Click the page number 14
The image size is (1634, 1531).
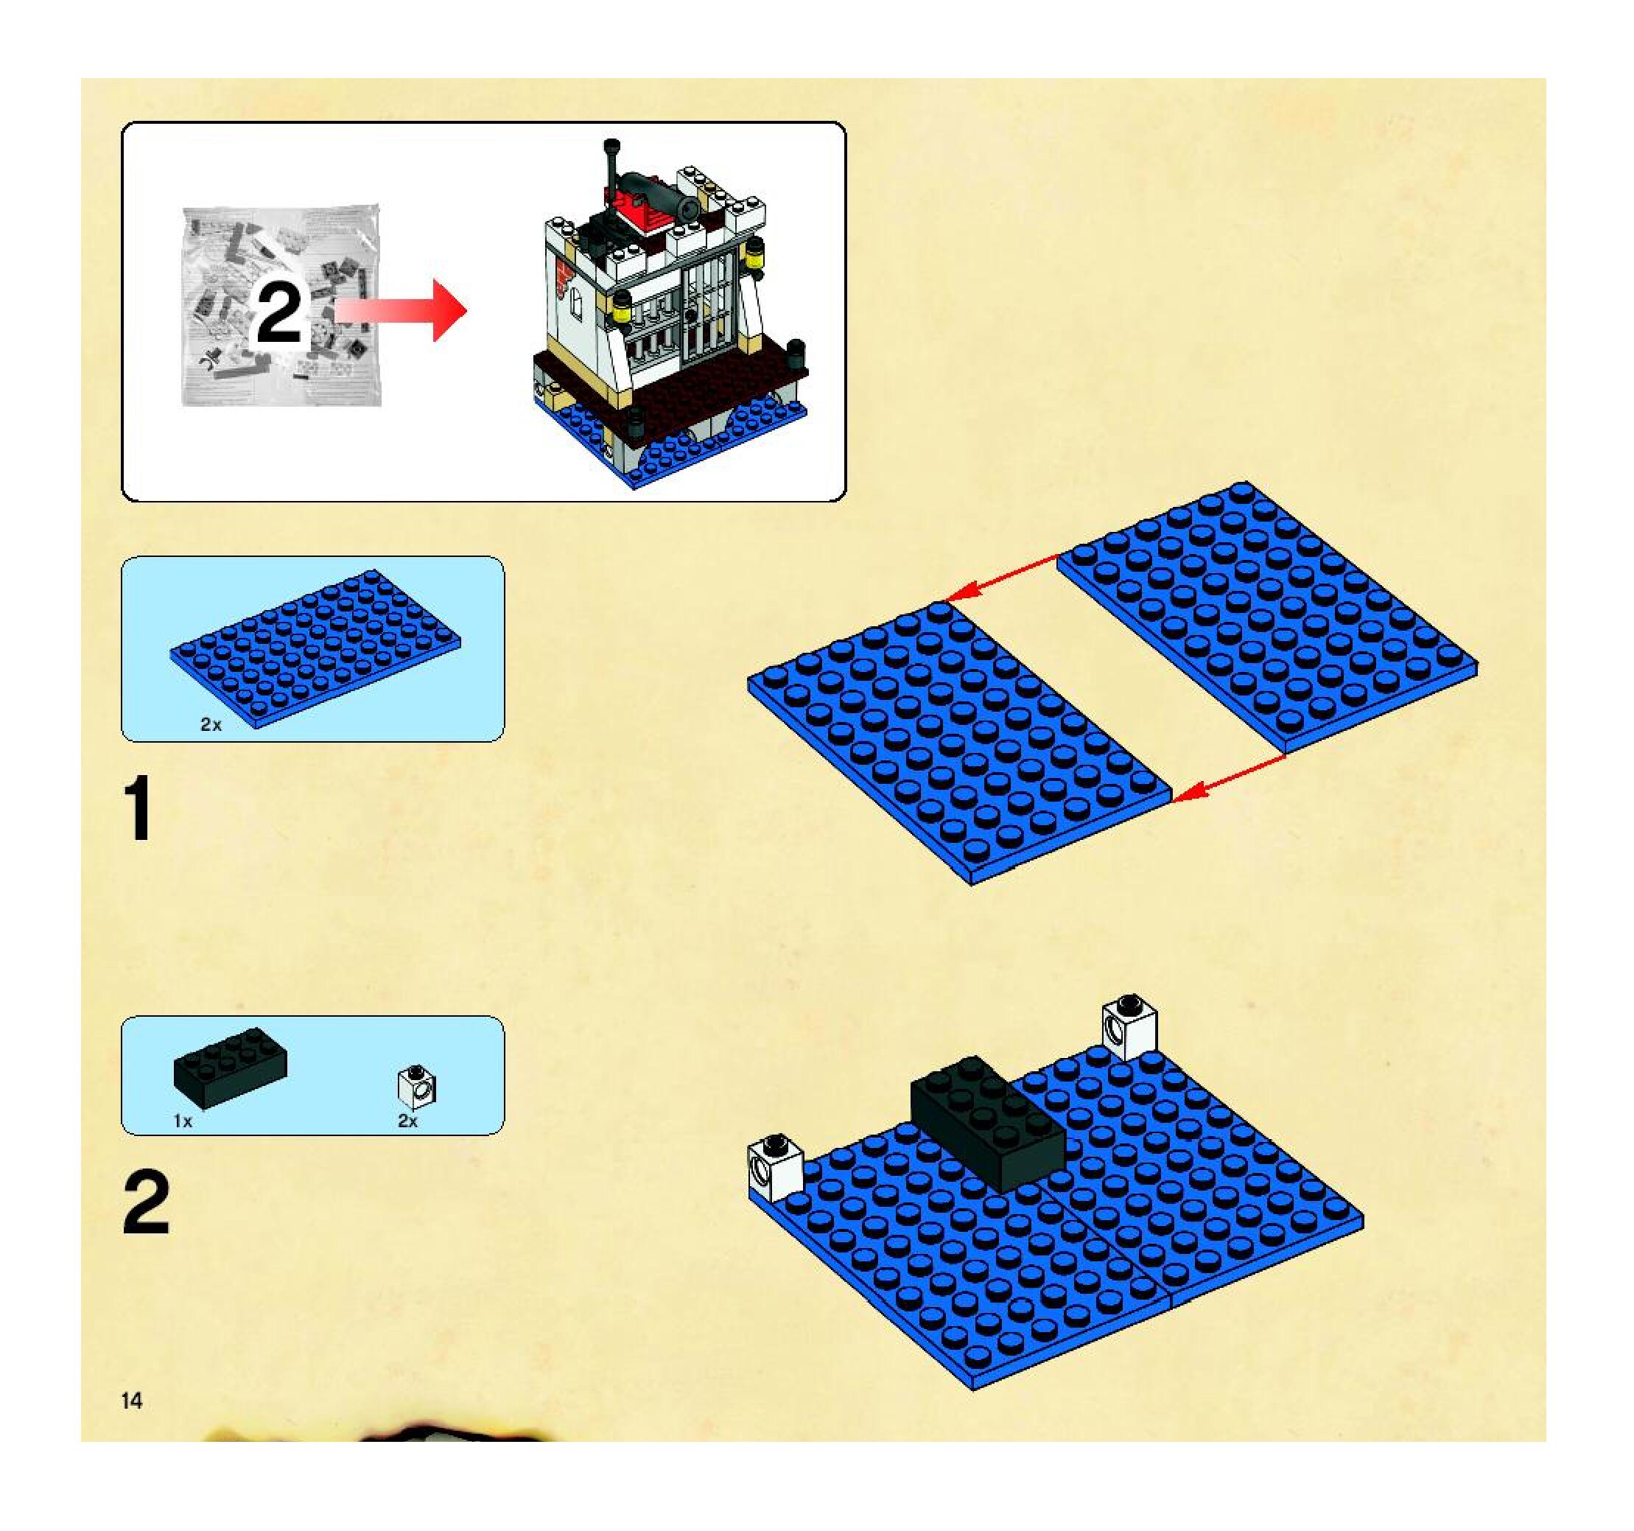coord(132,1401)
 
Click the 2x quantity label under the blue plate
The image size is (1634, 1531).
coord(211,725)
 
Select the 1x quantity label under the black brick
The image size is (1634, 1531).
coord(183,1121)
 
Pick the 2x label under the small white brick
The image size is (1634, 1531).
coord(407,1121)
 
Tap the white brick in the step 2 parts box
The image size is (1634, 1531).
coord(418,1087)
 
